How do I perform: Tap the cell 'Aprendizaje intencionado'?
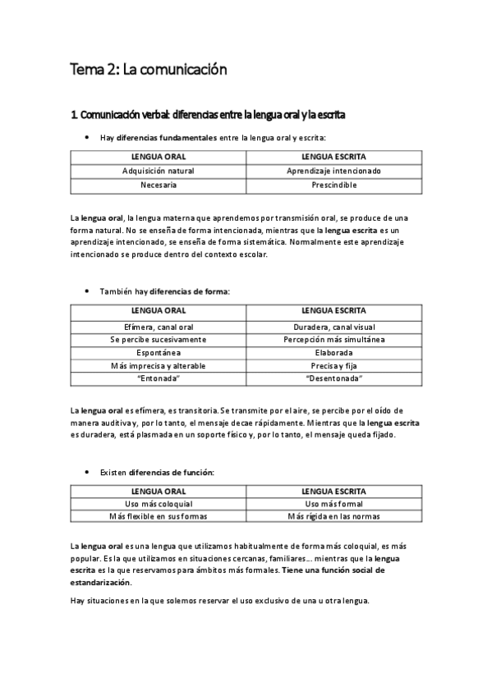click(x=333, y=171)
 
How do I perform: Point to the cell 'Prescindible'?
click(x=333, y=185)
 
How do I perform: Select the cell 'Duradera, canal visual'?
click(x=333, y=326)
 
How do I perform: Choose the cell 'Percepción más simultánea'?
click(x=333, y=339)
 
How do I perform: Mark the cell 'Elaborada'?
click(x=333, y=352)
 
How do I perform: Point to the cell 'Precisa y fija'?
click(x=333, y=365)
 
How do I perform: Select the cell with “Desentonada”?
click(x=333, y=378)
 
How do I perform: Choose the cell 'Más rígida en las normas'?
click(x=333, y=517)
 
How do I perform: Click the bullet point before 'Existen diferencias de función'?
click(x=87, y=473)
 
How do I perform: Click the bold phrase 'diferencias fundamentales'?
click(x=167, y=138)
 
